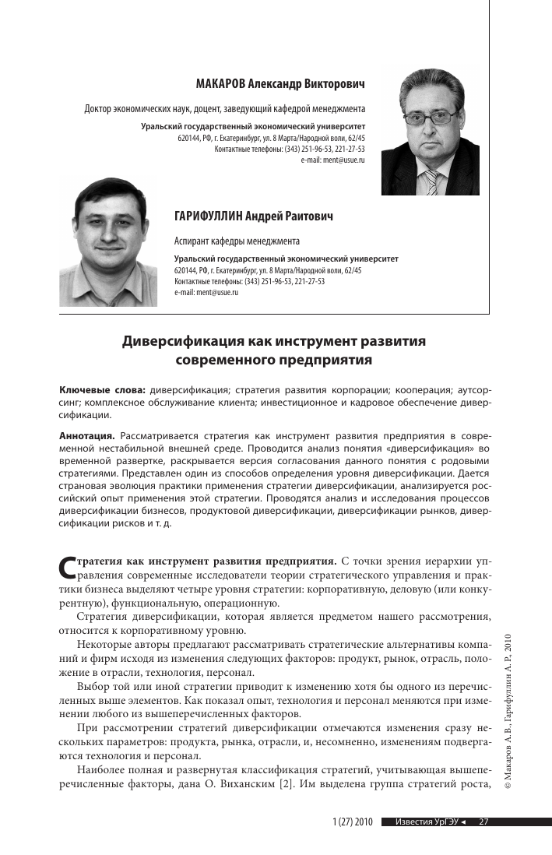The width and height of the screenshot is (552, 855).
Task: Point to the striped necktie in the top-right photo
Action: [x=431, y=181]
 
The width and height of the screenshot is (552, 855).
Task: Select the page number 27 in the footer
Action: [x=483, y=822]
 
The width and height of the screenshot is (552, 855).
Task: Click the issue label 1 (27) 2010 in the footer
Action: [x=353, y=822]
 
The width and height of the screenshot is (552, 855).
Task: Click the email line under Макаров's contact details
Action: [x=332, y=159]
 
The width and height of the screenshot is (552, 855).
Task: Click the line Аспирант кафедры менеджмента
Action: [x=237, y=241]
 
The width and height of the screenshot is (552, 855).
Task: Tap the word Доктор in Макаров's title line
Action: [x=99, y=108]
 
